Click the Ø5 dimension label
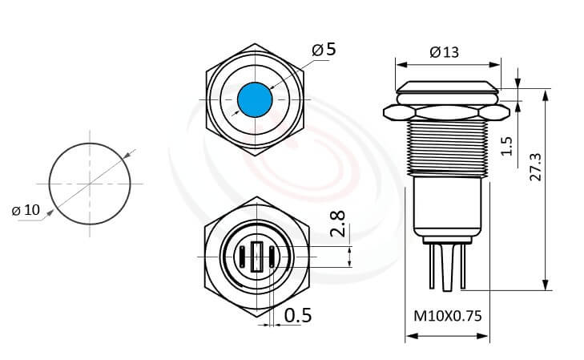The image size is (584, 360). click(324, 50)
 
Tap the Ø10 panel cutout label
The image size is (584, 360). click(26, 210)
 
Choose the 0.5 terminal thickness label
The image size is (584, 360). click(298, 316)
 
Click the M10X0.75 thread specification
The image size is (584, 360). click(447, 316)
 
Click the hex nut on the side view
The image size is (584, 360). click(448, 110)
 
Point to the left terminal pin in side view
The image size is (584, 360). click(434, 265)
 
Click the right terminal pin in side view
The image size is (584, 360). click(462, 265)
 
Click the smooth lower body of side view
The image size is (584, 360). click(448, 206)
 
